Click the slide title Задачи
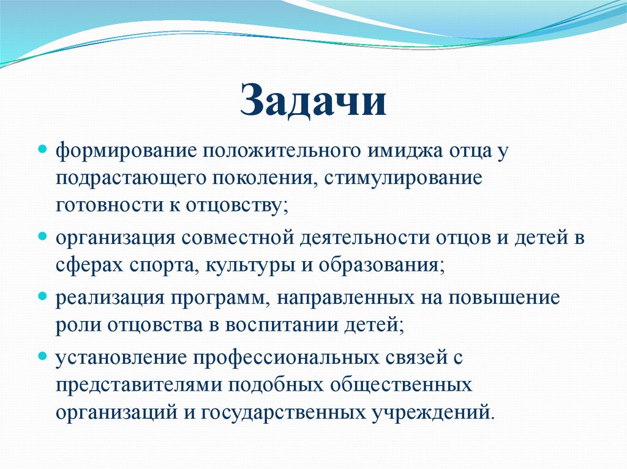coord(313,101)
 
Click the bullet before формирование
coord(43,149)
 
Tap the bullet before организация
coord(43,235)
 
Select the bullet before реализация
coord(43,295)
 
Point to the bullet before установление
coord(43,354)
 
